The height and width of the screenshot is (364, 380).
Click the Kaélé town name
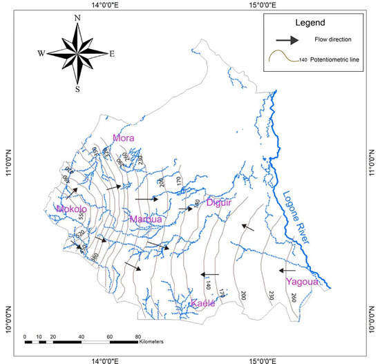(x=203, y=303)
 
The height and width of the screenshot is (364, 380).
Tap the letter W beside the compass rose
(x=41, y=52)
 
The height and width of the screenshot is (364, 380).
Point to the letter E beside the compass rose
(x=112, y=52)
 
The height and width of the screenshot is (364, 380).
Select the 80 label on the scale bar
(x=139, y=334)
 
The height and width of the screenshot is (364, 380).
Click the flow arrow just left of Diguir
(x=186, y=208)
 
